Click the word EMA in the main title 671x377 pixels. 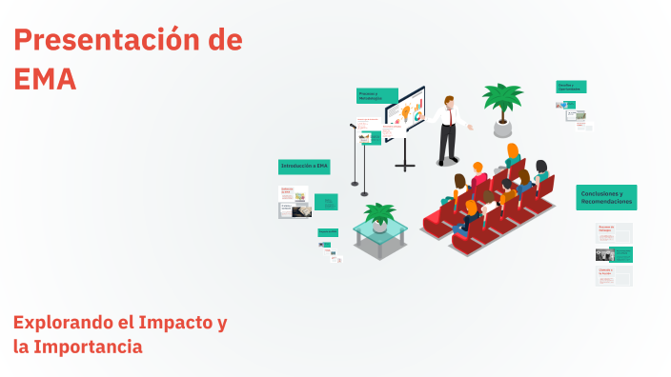tap(45, 79)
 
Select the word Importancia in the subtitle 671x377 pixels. tap(90, 347)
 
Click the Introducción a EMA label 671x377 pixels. tap(304, 167)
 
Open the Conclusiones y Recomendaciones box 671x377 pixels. tap(606, 197)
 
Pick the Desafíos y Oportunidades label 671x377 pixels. tap(571, 87)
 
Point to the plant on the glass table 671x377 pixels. tap(379, 214)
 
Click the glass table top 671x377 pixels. tap(380, 231)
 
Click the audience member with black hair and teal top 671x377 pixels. tap(540, 170)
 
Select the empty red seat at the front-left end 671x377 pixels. tap(435, 223)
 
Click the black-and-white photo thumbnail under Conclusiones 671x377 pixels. tap(603, 254)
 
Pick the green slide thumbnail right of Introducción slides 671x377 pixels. tap(325, 201)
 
